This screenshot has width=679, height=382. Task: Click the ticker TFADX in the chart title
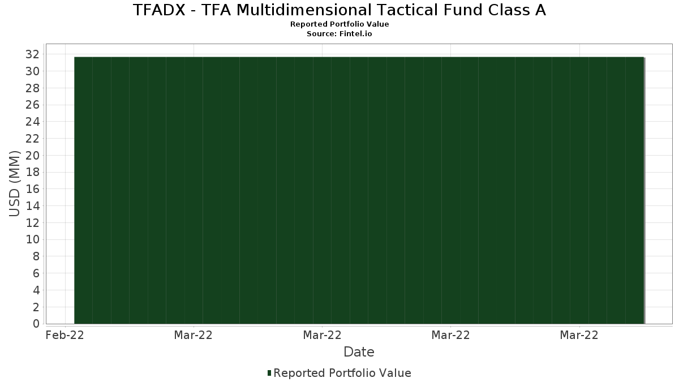coord(159,10)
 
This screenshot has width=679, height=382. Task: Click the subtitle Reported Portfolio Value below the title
coord(339,24)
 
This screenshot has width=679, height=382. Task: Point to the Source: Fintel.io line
coord(339,33)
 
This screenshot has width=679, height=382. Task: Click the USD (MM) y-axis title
coord(14,184)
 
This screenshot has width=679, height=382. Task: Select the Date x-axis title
coord(359,352)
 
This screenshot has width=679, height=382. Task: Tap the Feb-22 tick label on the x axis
coord(65,335)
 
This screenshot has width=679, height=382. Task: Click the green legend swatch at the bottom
coord(269,373)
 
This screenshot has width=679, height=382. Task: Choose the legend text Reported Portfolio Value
coord(342,373)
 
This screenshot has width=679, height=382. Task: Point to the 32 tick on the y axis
coord(32,54)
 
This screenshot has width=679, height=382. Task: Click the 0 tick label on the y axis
coord(36,324)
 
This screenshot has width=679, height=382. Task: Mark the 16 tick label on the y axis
coord(32,189)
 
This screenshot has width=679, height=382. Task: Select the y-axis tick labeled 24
coord(32,122)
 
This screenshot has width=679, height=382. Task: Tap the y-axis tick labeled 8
coord(36,256)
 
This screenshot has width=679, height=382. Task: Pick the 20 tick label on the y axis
coord(32,156)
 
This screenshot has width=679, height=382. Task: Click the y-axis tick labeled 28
coord(32,88)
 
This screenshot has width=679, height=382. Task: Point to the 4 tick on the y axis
coord(36,290)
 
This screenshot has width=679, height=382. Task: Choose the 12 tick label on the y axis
coord(32,223)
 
